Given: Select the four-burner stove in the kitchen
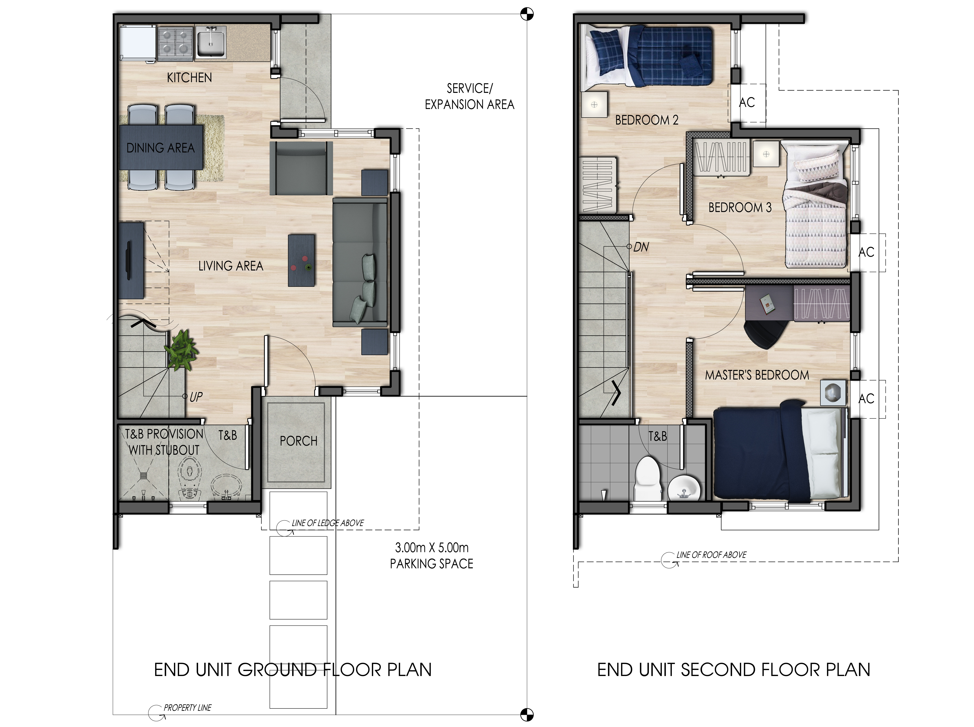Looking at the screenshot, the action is coord(175,43).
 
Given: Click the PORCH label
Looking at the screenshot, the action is coord(298,441).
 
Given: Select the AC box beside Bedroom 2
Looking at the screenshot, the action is coord(747,103).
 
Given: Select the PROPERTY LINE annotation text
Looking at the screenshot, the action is coord(187,708).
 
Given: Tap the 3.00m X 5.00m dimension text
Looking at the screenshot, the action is coord(432,548).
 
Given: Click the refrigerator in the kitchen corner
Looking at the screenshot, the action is coord(137,43).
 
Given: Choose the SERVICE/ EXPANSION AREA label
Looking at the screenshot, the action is coord(469,96).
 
